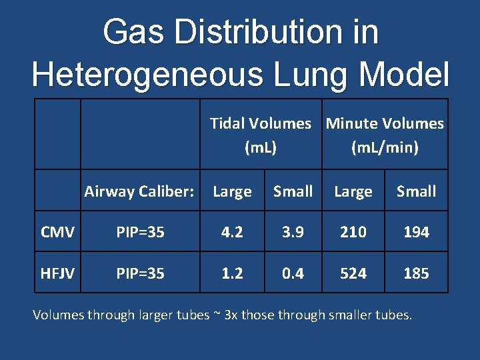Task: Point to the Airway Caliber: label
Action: tap(139, 192)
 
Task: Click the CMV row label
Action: tap(57, 232)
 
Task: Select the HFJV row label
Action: tap(57, 273)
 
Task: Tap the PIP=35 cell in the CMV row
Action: tap(140, 232)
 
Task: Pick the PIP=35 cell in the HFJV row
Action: tap(140, 273)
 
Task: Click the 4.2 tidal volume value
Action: tap(232, 232)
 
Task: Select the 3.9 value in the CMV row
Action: tap(293, 232)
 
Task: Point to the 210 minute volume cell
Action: tap(353, 232)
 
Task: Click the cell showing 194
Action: tap(416, 232)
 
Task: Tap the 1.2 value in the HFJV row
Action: tap(232, 273)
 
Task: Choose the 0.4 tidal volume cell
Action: tap(293, 273)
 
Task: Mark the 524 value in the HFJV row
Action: tap(353, 273)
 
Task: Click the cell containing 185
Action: tap(416, 273)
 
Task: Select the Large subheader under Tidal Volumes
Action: tap(232, 192)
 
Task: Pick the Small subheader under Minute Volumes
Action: tap(416, 192)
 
